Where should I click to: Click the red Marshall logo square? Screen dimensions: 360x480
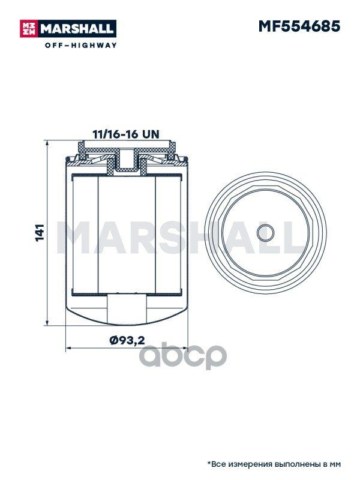tap(28, 28)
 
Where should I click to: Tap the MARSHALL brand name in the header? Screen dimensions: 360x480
tap(77, 29)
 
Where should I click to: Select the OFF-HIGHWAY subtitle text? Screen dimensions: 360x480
tap(81, 46)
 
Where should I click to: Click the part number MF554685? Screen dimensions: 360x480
tap(299, 26)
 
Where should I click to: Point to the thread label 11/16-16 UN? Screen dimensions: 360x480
tap(126, 134)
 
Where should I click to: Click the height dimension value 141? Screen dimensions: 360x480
tap(40, 233)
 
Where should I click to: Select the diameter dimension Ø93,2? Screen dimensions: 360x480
tap(127, 340)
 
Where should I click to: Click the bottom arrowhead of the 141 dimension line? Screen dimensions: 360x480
tap(47, 322)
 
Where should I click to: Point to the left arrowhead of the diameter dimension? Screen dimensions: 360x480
tap(70, 348)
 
